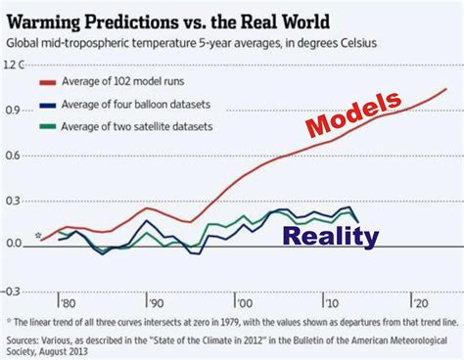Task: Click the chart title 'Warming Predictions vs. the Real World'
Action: pos(169,20)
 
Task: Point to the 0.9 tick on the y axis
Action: pos(13,110)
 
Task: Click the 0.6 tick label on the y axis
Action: pos(13,155)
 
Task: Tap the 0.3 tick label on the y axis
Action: pos(13,200)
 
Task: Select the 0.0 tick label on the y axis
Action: pos(13,244)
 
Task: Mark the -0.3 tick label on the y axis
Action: pos(11,290)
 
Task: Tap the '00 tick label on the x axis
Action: pos(242,301)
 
